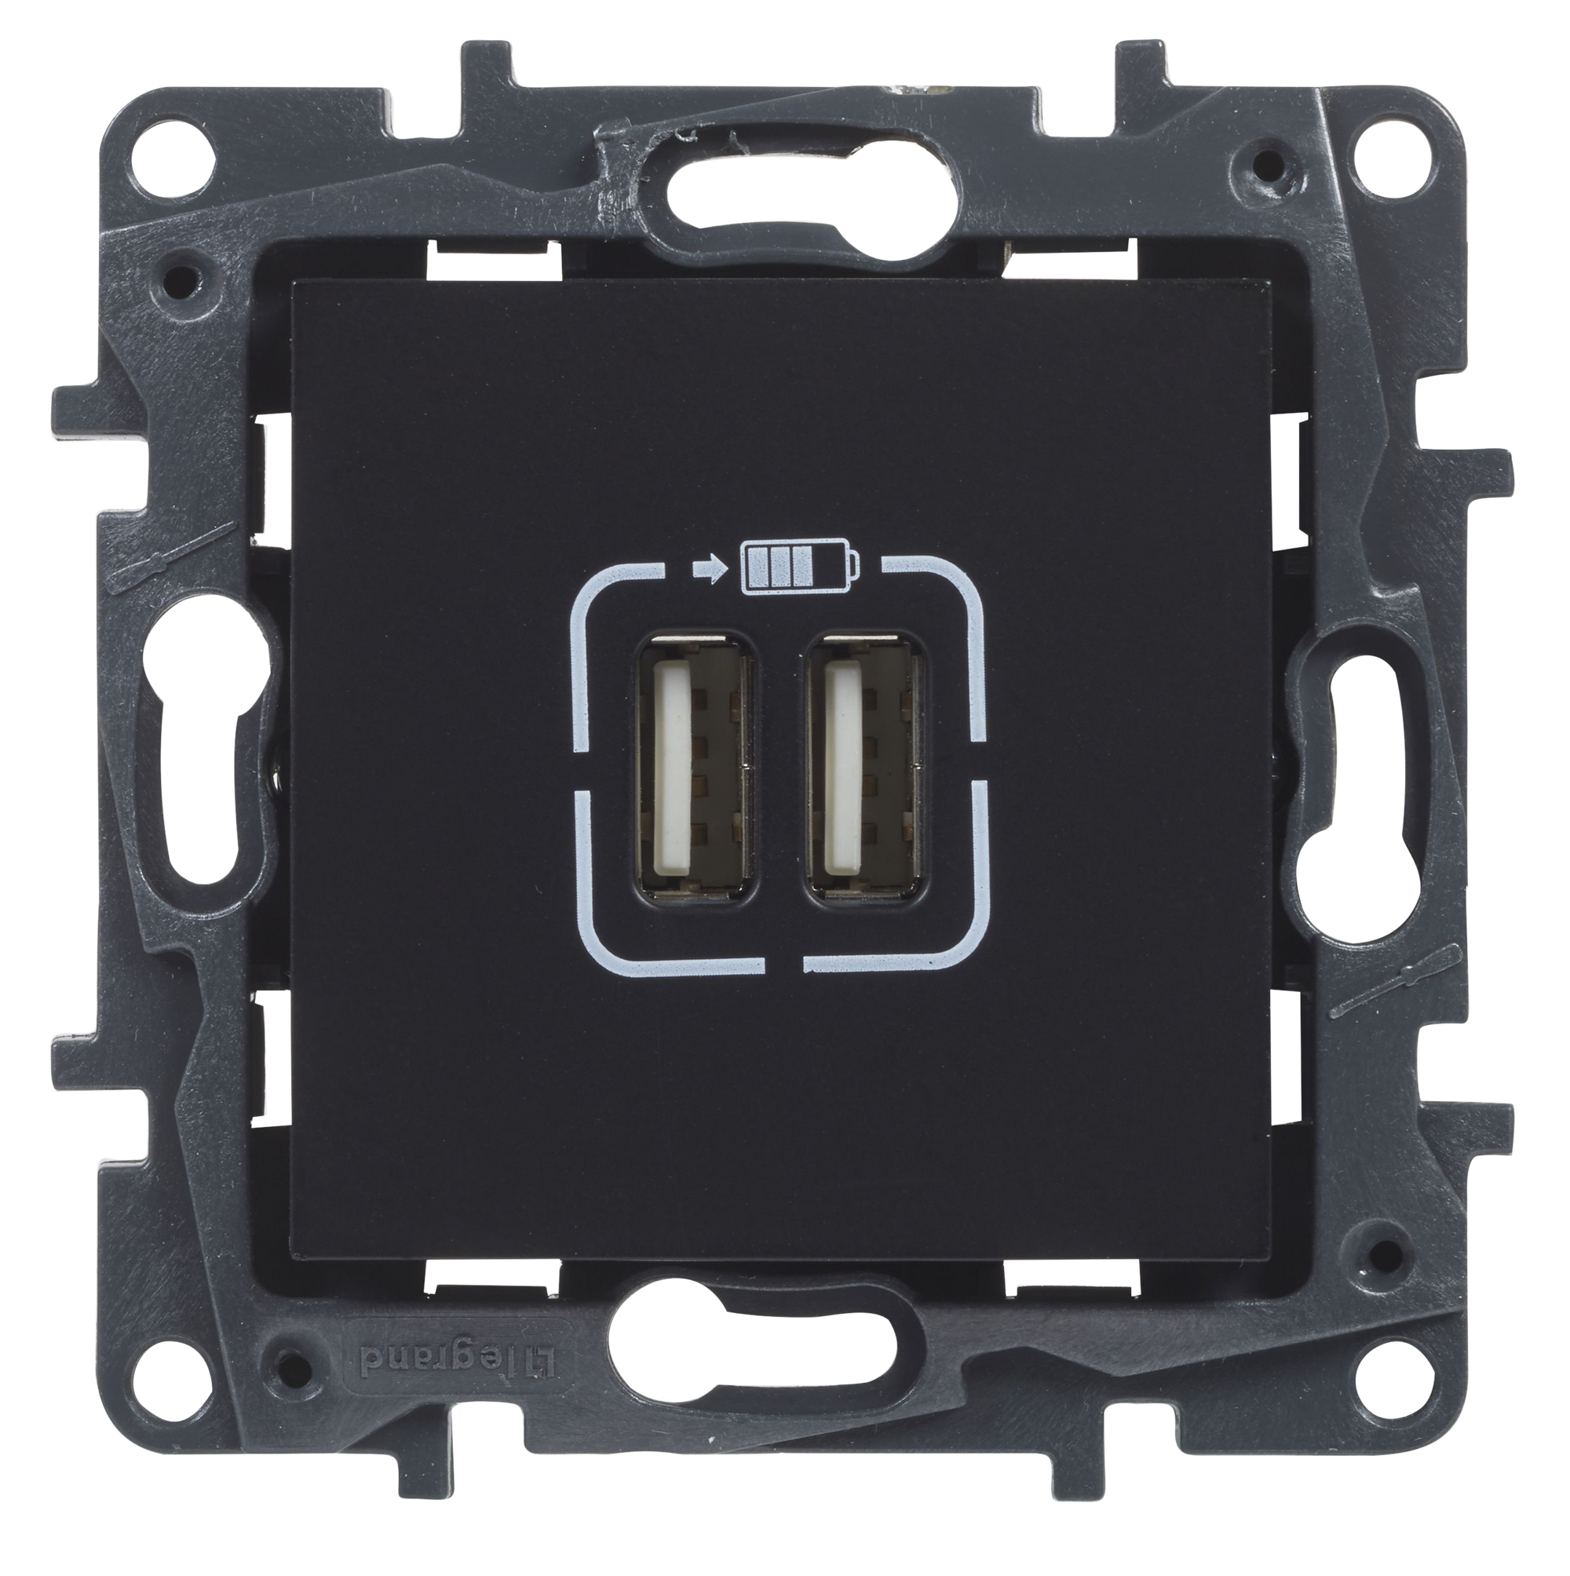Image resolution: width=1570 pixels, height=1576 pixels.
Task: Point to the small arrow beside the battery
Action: (x=706, y=564)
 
